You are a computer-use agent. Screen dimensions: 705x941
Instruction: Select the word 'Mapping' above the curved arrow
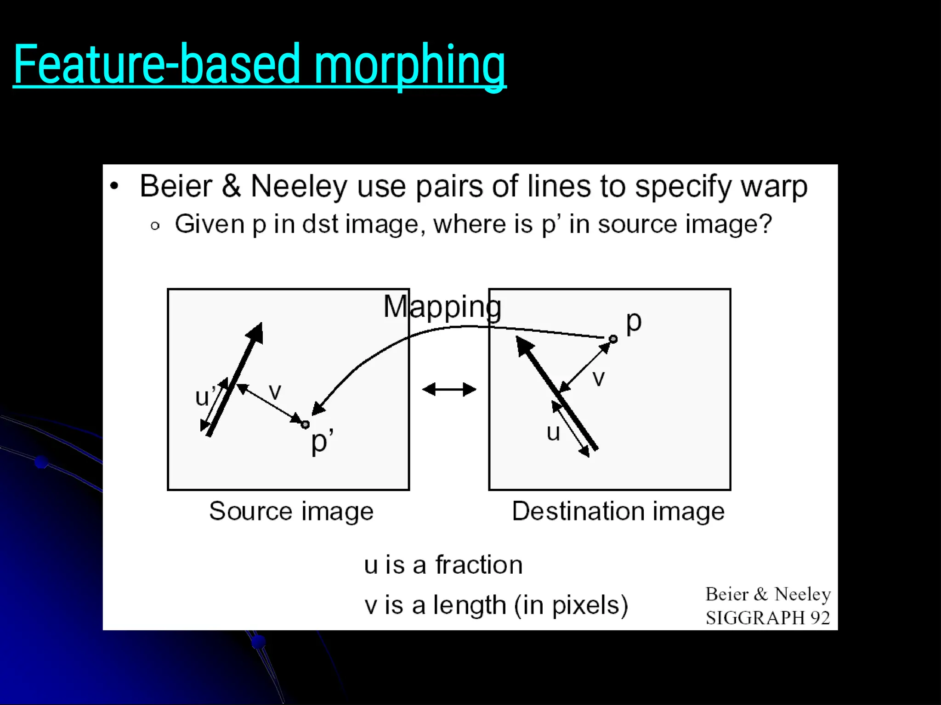(442, 307)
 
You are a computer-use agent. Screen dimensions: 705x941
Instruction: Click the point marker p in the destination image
(613, 339)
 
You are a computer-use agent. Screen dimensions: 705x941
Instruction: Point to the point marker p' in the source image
(305, 425)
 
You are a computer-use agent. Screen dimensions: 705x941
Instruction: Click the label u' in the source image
(205, 396)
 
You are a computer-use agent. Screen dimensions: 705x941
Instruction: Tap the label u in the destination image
(553, 432)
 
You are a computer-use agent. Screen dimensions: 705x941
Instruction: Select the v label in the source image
(275, 392)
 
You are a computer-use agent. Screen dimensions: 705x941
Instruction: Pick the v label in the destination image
(598, 378)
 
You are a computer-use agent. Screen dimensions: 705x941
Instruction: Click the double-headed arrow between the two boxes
(449, 390)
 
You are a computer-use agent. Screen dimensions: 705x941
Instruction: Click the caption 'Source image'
(291, 511)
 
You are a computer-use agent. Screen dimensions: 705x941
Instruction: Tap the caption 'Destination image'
(618, 511)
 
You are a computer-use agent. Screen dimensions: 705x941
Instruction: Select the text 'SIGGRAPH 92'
(768, 618)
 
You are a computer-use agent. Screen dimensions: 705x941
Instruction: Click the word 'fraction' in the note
(479, 565)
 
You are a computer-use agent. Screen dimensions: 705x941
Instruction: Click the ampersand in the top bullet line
(231, 186)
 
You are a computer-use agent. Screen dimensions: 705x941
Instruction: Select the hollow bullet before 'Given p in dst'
(155, 226)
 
